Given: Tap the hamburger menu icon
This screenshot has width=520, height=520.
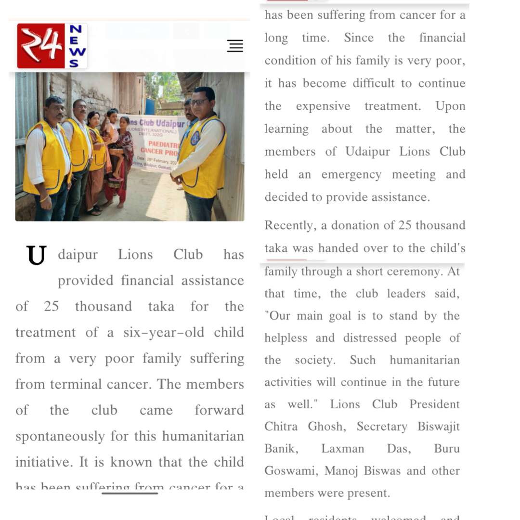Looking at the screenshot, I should [x=235, y=46].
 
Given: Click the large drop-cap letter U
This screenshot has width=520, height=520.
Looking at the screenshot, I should [x=37, y=256].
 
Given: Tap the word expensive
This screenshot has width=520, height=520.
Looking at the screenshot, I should [x=323, y=106].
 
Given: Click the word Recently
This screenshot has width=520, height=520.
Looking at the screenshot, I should [x=288, y=225].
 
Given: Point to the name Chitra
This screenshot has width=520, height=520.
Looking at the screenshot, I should [x=281, y=427].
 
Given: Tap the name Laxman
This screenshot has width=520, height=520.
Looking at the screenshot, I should [x=343, y=449].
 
